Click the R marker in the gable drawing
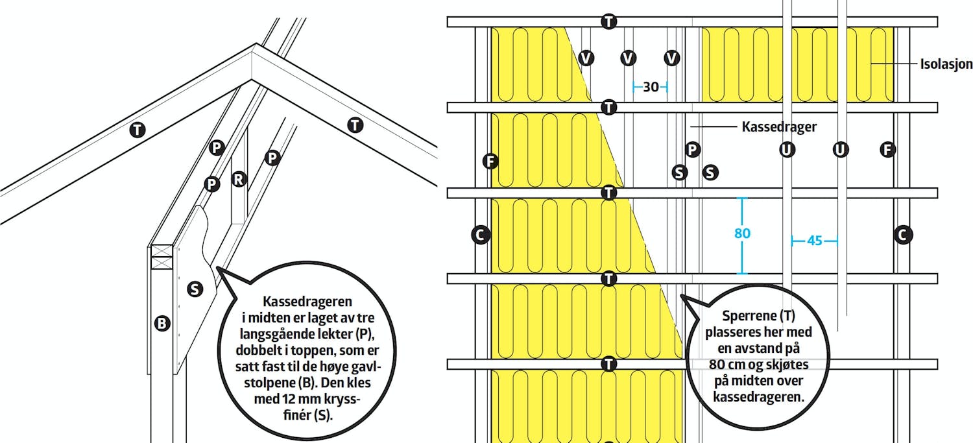[239, 179]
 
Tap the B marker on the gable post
[162, 323]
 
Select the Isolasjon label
[946, 64]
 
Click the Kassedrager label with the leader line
[779, 127]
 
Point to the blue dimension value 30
[651, 87]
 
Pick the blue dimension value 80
[742, 233]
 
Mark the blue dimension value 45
[815, 241]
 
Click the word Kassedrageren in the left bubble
[307, 302]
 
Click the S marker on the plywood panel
[195, 289]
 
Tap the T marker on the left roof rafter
[138, 130]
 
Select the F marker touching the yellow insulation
[491, 161]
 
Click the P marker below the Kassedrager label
[692, 150]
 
